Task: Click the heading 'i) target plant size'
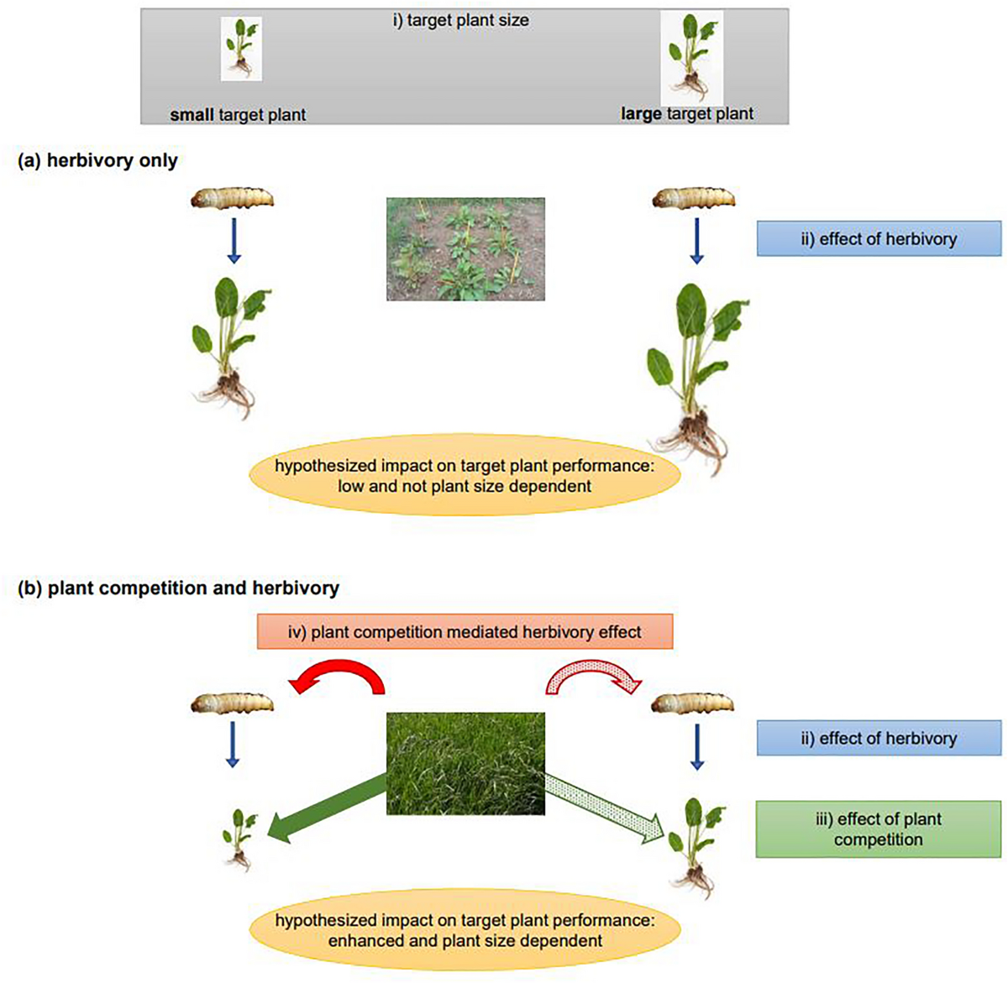[x=460, y=20]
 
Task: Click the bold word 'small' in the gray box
[x=192, y=114]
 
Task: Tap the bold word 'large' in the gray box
[x=641, y=113]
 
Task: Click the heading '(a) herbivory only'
[x=97, y=160]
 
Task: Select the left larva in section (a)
[x=232, y=199]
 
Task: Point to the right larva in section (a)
[x=694, y=199]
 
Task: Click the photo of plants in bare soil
[x=465, y=249]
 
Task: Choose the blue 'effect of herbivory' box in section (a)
[x=879, y=238]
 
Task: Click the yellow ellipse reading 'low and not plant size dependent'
[x=465, y=475]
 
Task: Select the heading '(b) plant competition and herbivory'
[x=178, y=588]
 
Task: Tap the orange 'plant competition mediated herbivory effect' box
[x=465, y=631]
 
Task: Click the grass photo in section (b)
[x=465, y=763]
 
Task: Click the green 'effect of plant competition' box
[x=878, y=829]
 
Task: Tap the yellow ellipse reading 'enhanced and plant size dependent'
[x=465, y=930]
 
